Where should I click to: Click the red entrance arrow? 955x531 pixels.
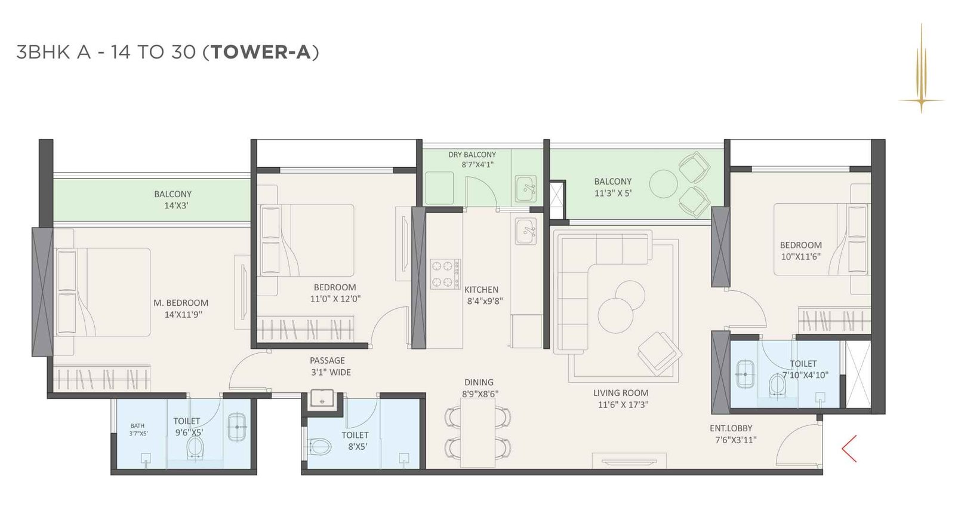click(850, 449)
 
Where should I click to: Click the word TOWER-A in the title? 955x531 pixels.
click(261, 52)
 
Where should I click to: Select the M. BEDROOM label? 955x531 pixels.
click(181, 303)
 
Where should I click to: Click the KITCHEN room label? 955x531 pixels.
click(481, 290)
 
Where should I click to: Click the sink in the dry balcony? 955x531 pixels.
click(525, 189)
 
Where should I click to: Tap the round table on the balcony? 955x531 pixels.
click(663, 183)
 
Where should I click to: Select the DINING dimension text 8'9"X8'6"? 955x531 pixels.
click(480, 394)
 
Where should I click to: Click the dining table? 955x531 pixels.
click(478, 432)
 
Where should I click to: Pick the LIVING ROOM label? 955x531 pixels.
click(621, 393)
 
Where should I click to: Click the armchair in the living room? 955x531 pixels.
click(660, 354)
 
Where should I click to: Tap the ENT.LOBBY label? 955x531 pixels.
click(731, 428)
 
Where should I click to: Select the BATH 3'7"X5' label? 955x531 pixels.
click(138, 429)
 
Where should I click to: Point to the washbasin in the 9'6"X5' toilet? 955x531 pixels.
click(237, 427)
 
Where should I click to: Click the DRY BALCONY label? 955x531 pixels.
click(472, 155)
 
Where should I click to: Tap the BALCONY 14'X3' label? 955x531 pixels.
click(173, 199)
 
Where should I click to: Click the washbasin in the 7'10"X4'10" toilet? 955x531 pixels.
click(744, 375)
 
